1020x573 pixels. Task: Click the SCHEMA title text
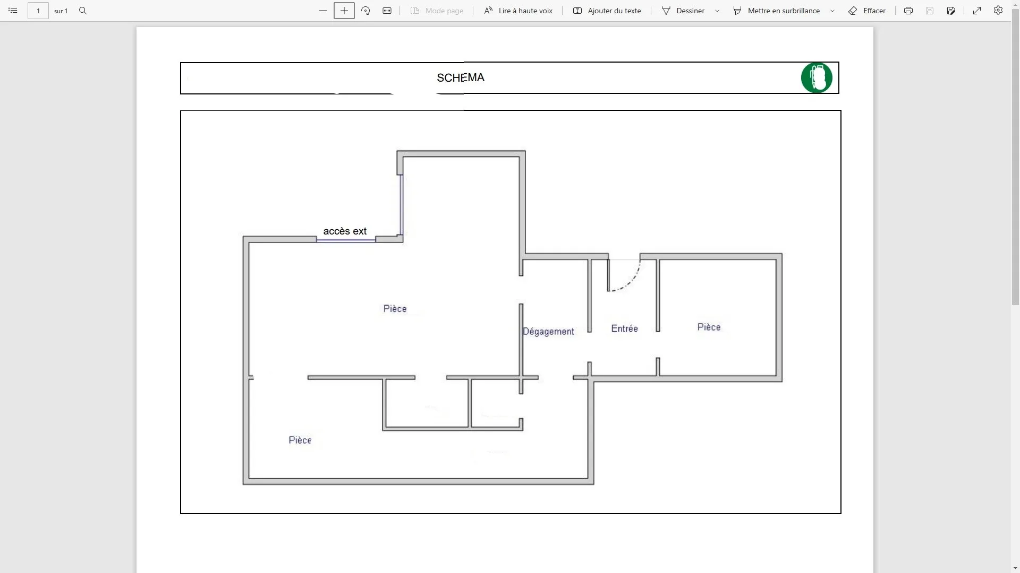pos(461,78)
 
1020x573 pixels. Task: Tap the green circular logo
pos(817,78)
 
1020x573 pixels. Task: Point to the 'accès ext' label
pos(345,231)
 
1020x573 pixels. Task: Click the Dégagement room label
pos(548,332)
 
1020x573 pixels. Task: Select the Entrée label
pos(624,329)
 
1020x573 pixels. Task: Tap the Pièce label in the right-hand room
pos(709,327)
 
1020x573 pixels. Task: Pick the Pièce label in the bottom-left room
pos(300,440)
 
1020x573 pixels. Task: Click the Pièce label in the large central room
pos(395,309)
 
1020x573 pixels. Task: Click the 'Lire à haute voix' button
pos(518,11)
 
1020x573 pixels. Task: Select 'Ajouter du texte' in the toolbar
pos(607,11)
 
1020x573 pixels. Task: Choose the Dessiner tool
pos(683,11)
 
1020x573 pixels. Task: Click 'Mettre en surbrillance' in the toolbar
pos(777,11)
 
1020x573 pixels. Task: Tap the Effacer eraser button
pos(867,11)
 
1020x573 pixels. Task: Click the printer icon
pos(908,11)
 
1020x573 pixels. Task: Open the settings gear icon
pos(998,11)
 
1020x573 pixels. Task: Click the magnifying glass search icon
pos(83,11)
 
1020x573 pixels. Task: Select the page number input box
pos(38,11)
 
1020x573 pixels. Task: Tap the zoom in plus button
pos(344,11)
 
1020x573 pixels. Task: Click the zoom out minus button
pos(323,11)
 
